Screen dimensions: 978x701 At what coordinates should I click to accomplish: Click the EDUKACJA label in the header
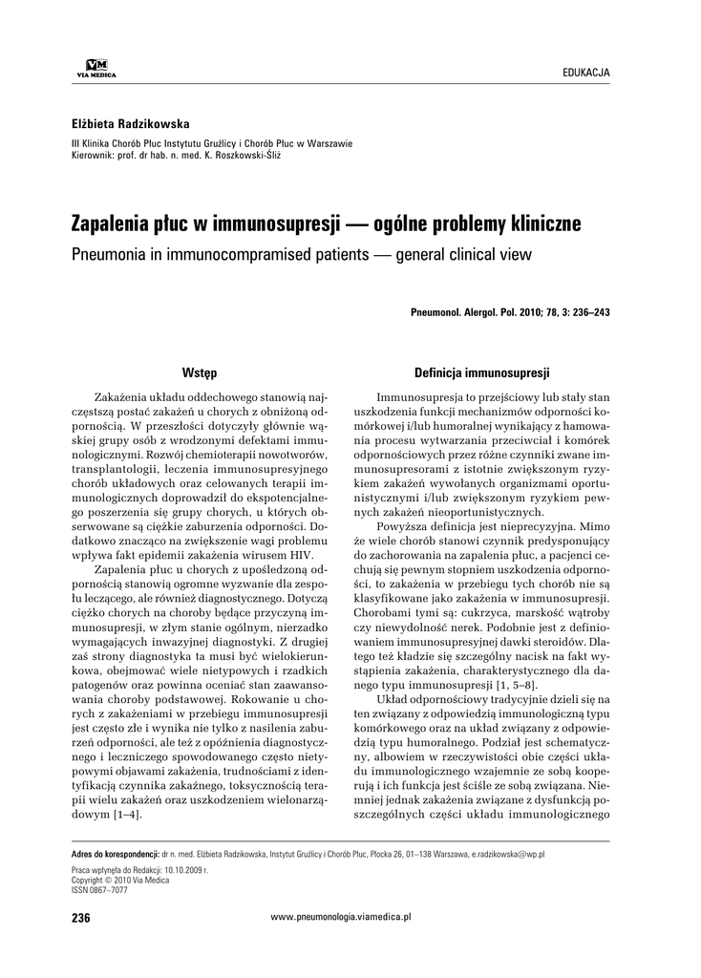(x=586, y=73)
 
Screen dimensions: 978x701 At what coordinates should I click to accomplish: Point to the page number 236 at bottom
(x=80, y=918)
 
